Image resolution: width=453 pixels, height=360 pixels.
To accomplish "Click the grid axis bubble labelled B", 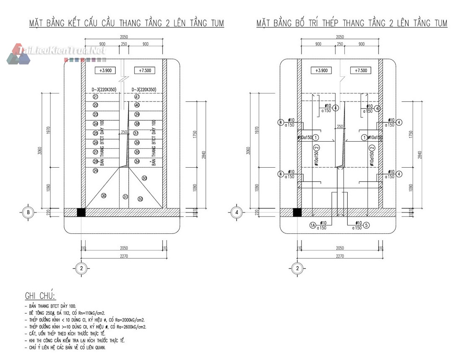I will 28,212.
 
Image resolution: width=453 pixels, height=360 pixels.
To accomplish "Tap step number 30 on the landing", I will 104,195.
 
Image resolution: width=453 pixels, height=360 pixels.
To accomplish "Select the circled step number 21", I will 96,97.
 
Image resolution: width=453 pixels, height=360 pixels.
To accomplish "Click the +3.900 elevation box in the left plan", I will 104,70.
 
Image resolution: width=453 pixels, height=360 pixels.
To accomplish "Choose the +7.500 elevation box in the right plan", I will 360,70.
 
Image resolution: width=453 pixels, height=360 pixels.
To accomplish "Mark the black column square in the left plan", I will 81,212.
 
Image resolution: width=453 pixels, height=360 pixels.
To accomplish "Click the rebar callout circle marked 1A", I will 312,225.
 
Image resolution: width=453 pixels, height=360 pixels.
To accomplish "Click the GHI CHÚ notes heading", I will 43,296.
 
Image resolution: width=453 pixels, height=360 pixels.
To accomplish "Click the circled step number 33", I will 145,178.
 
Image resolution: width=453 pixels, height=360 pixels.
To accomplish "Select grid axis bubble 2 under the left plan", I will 82,268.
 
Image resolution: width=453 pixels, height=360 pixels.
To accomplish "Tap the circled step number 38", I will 137,124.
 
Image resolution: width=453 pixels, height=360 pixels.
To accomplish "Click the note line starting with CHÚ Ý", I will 65,347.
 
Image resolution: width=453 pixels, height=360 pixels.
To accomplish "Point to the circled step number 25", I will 96,133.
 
